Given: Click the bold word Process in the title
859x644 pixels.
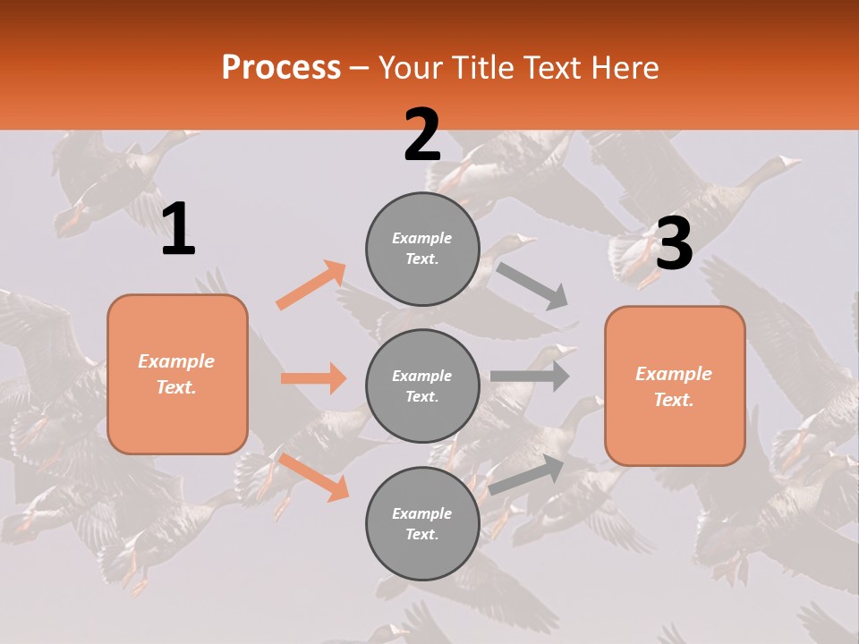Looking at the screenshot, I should point(281,67).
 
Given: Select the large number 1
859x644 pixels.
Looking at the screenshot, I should point(178,230).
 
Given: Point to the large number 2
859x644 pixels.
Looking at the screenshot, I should point(422,135).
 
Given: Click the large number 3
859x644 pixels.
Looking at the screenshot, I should point(674,243).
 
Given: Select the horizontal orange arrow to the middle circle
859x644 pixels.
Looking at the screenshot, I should point(313,378).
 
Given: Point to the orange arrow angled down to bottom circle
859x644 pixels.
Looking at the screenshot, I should point(313,476).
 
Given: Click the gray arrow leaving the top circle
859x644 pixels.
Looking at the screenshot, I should point(533,285).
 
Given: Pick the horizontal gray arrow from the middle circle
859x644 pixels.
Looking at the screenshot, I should point(530,376).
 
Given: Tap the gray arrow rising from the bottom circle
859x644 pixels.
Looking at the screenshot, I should point(526,474).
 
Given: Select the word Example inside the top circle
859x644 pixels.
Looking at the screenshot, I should point(422,238).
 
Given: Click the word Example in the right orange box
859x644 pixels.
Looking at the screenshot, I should point(674,374).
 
